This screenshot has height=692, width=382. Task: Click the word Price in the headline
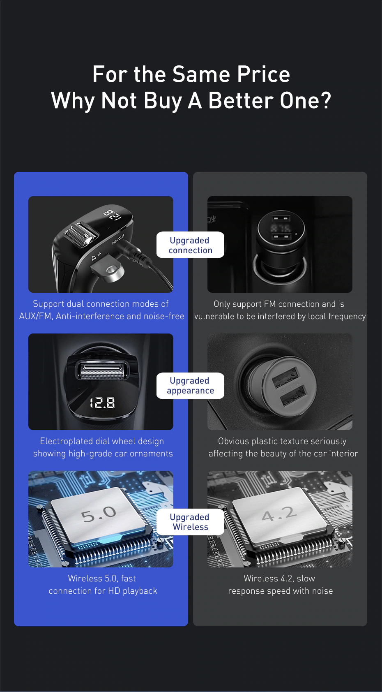pyautogui.click(x=264, y=74)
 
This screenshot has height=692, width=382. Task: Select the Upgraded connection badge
pyautogui.click(x=190, y=245)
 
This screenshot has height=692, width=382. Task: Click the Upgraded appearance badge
pyautogui.click(x=190, y=386)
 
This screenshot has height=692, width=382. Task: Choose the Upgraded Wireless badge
pyautogui.click(x=190, y=522)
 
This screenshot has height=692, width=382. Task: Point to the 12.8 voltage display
pyautogui.click(x=102, y=403)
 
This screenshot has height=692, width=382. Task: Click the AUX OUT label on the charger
pyautogui.click(x=118, y=239)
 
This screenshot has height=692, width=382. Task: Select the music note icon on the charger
pyautogui.click(x=93, y=258)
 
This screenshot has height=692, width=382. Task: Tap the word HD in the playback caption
pyautogui.click(x=114, y=591)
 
